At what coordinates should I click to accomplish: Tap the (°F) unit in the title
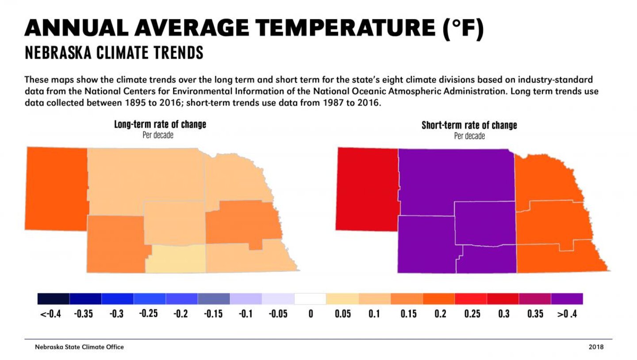(463, 29)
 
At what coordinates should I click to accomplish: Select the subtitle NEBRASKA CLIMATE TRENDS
(114, 53)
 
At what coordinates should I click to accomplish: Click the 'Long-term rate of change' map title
(160, 124)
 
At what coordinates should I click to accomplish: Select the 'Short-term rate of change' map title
(469, 125)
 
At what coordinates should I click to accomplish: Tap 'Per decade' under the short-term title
(469, 136)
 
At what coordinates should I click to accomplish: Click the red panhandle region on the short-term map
(367, 189)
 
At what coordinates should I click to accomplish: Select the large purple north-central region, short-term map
(456, 177)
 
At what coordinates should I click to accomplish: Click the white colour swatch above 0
(310, 299)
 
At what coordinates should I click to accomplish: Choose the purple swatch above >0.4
(567, 299)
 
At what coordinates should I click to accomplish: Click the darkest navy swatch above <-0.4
(54, 299)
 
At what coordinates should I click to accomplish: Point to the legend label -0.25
(149, 314)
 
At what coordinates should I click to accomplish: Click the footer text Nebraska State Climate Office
(79, 347)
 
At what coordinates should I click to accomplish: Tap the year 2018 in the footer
(595, 347)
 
